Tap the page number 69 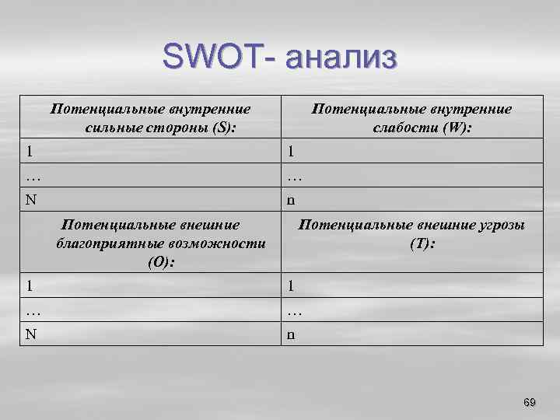point(530,402)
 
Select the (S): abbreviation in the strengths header point(220,127)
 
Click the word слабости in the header point(403,127)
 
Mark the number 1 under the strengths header point(29,150)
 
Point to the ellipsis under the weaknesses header point(293,175)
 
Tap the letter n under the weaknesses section point(290,200)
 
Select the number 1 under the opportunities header point(29,285)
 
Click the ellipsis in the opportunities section point(32,310)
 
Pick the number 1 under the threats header point(290,285)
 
